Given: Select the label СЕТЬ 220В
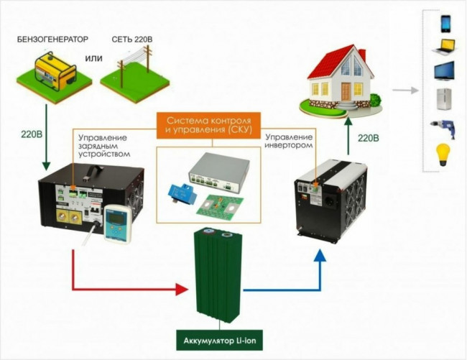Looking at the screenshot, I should pyautogui.click(x=133, y=37).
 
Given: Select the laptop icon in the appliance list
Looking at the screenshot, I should pyautogui.click(x=443, y=48).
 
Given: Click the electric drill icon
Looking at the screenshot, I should pyautogui.click(x=443, y=127).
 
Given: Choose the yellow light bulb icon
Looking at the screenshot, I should pyautogui.click(x=443, y=154).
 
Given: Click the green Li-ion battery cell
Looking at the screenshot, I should pyautogui.click(x=220, y=276).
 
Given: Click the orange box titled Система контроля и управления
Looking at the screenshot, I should pyautogui.click(x=210, y=124).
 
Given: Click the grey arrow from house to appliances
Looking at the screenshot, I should pyautogui.click(x=406, y=91).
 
